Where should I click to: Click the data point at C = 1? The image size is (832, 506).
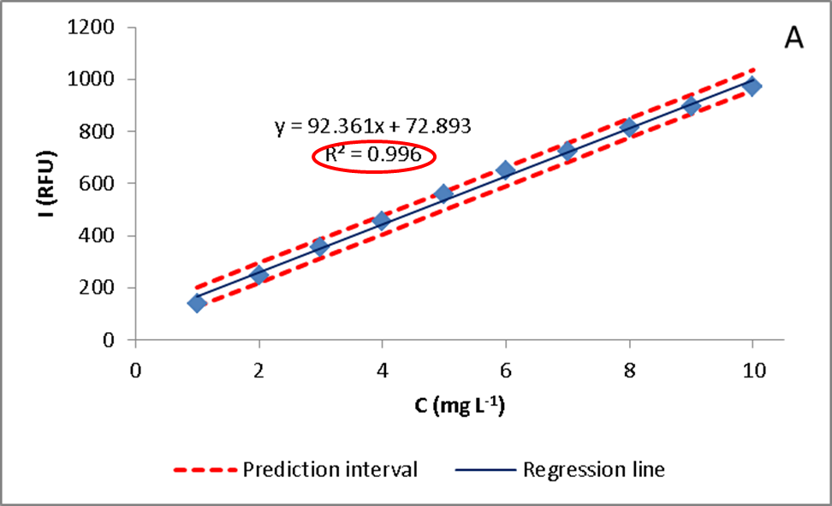(197, 302)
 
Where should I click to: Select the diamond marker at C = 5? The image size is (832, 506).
(443, 193)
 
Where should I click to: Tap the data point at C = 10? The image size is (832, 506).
(752, 86)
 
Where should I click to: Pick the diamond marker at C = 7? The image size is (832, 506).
(567, 151)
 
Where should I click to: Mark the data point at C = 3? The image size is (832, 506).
(320, 247)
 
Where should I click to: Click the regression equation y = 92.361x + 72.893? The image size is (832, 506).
(373, 127)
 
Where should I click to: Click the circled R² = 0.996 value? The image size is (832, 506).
(373, 155)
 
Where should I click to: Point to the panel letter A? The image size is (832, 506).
(793, 39)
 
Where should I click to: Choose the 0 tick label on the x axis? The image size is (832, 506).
(134, 370)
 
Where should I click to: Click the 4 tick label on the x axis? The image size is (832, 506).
(382, 370)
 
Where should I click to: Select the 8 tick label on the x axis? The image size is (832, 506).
(628, 370)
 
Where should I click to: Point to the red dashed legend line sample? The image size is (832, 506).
(205, 470)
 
